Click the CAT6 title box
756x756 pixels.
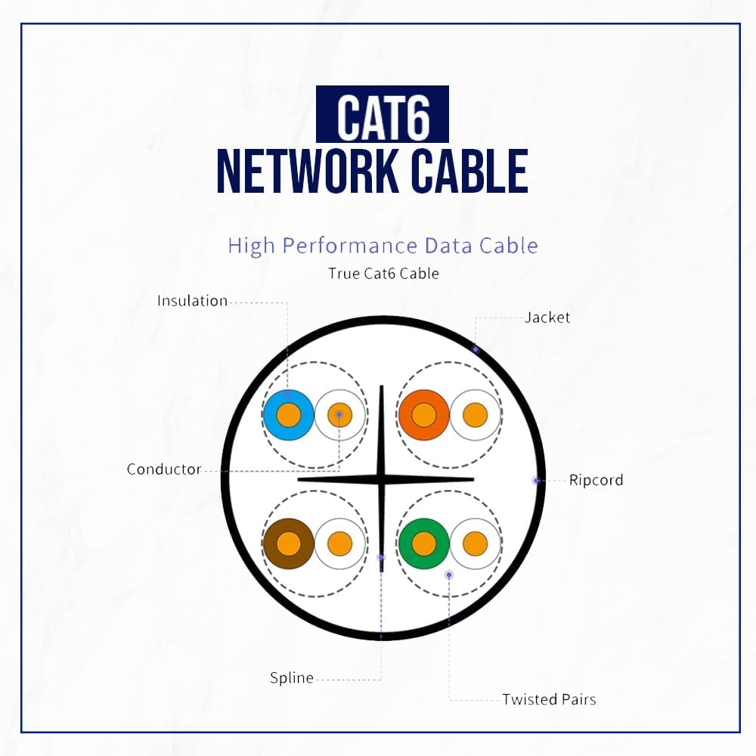(382, 114)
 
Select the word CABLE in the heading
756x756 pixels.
(469, 172)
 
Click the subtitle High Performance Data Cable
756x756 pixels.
(383, 246)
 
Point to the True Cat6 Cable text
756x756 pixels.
(383, 274)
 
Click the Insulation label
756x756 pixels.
(192, 301)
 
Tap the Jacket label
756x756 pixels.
(547, 318)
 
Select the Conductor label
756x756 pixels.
(164, 469)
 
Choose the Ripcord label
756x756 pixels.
(596, 480)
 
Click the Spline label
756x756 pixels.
(292, 678)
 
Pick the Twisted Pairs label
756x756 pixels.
(549, 699)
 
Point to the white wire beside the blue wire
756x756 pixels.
(339, 415)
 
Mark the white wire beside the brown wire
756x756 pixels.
(339, 544)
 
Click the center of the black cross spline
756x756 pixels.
(382, 479)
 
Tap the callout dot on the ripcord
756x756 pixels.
(536, 480)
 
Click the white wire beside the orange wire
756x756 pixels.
(475, 415)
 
